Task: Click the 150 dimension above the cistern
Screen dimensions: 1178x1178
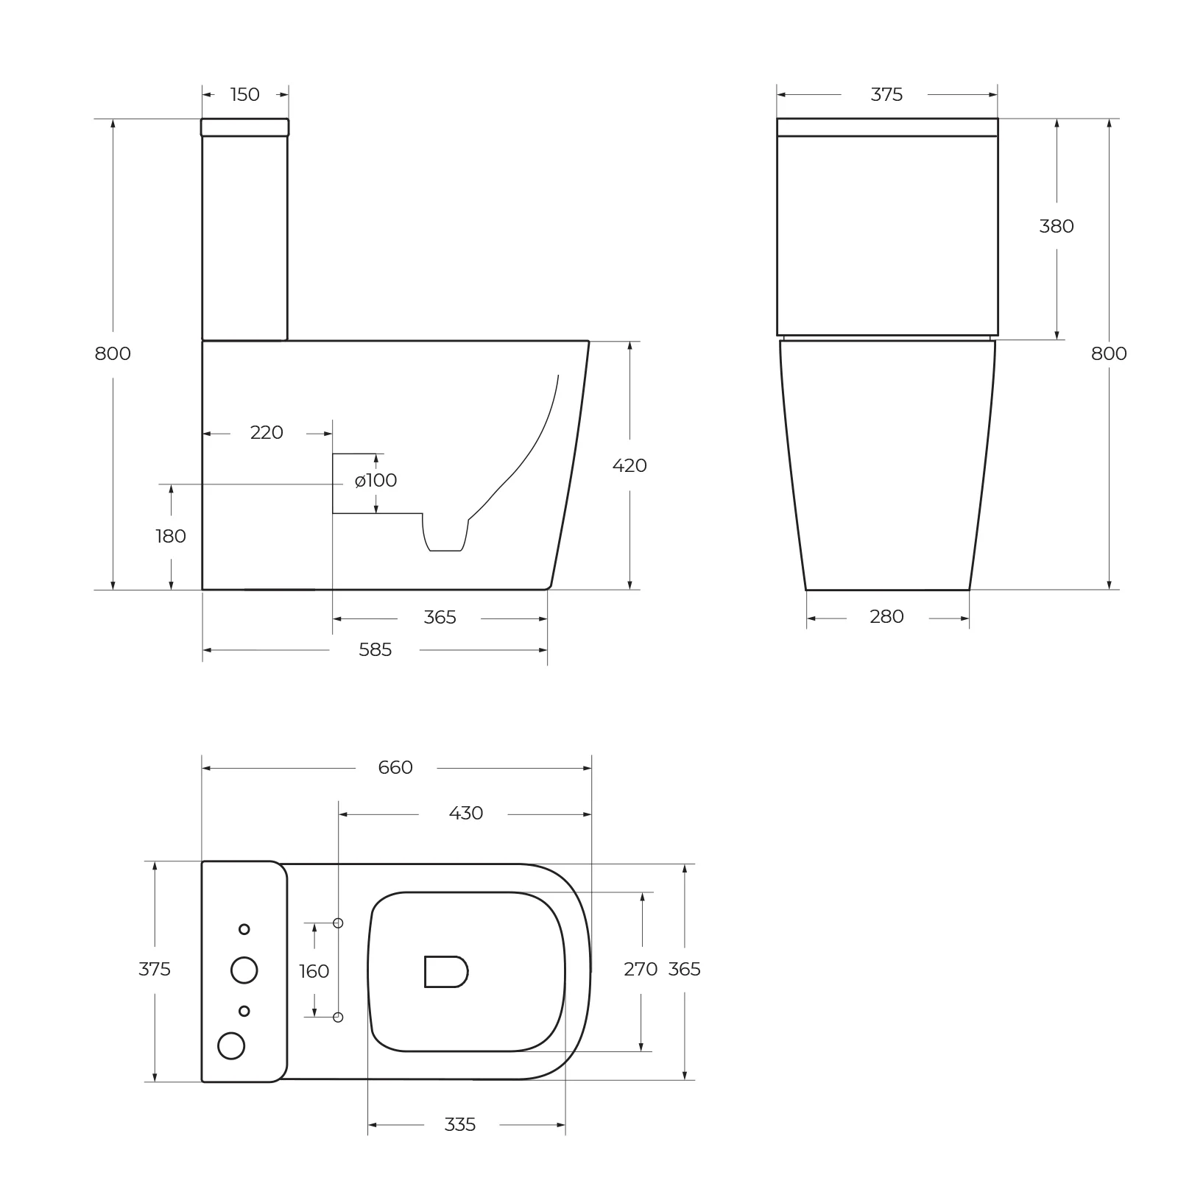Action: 245,95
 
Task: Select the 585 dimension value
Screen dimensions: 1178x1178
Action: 375,650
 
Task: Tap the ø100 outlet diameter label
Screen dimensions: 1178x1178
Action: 375,481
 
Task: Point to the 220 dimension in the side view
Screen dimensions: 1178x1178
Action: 267,433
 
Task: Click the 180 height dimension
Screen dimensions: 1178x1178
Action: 171,537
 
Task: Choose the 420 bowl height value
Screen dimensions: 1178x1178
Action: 629,466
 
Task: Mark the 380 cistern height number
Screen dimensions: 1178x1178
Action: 1057,227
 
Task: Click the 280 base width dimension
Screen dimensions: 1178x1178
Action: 886,617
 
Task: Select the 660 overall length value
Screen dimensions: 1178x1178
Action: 395,768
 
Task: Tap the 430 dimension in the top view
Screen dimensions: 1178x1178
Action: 466,814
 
